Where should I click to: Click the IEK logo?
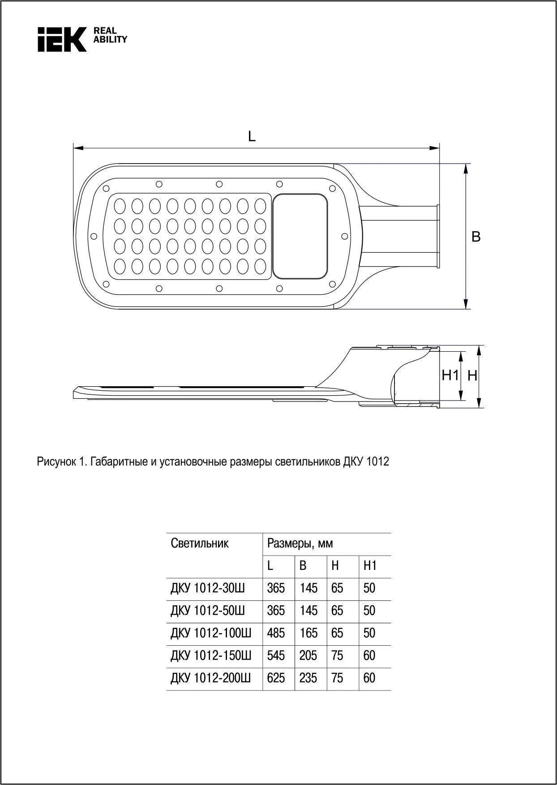pos(62,39)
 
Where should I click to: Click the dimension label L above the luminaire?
pos(252,136)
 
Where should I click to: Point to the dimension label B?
pos(476,237)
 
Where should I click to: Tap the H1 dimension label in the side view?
pos(450,375)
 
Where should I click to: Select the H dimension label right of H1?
pos(472,376)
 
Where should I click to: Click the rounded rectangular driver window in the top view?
pos(300,236)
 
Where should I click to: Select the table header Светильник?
pos(200,543)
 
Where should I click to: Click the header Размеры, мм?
pos(300,543)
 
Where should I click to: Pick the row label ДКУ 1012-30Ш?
pos(208,588)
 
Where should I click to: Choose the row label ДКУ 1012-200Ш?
pos(210,678)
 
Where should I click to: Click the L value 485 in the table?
pos(276,633)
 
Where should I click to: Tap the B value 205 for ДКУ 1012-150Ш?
pos(308,656)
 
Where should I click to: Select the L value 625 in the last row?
pos(276,678)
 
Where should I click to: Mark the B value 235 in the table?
pos(308,678)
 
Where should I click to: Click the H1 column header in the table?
pos(370,566)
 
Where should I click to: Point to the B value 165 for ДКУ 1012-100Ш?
pos(308,633)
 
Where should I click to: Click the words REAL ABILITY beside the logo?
pos(110,35)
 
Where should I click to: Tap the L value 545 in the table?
pos(276,656)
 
